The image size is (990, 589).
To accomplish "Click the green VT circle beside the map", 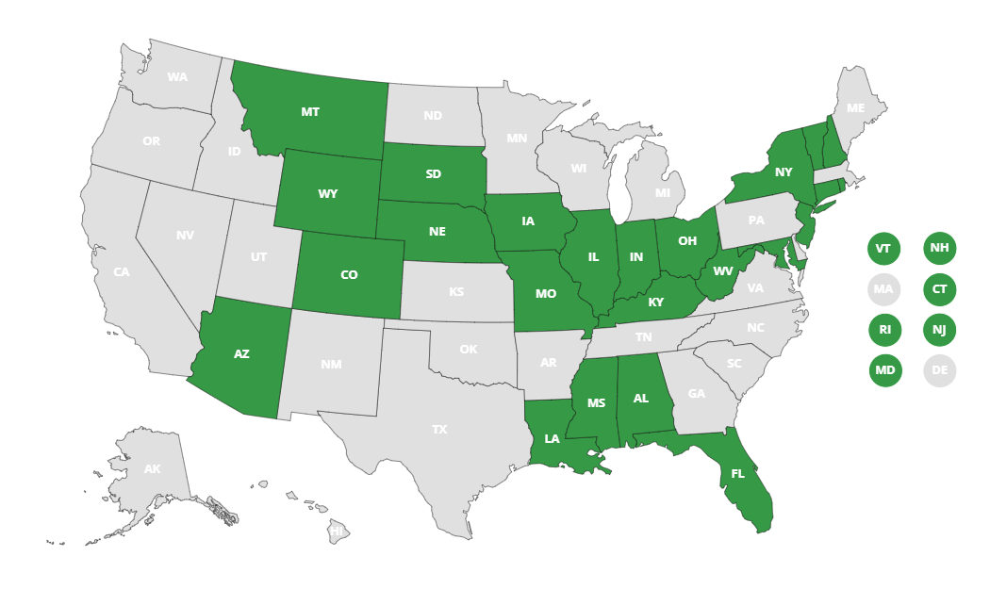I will (883, 249).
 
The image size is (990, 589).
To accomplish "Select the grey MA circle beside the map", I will (883, 289).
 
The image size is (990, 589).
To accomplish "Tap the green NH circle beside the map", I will (940, 248).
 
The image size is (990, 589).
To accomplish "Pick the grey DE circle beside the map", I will (940, 370).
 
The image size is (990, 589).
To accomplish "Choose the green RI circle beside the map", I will (884, 330).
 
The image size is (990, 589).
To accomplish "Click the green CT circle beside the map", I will (940, 289).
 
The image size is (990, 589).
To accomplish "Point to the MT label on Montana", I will (310, 112).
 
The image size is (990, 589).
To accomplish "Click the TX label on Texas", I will (439, 430).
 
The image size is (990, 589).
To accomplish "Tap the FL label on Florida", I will (738, 474).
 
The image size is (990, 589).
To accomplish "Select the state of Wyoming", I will (328, 194).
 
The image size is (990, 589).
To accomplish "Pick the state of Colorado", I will (349, 275).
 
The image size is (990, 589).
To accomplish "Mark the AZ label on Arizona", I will (241, 354).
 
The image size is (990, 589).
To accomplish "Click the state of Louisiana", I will (552, 439).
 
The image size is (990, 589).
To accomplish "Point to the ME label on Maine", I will (855, 108).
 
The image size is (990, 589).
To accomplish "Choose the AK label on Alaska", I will (152, 469).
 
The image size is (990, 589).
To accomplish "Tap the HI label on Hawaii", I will (337, 532).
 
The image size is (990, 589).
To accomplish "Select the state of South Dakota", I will (434, 174).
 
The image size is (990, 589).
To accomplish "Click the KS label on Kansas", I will (456, 292).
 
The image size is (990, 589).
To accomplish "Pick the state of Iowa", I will (528, 221).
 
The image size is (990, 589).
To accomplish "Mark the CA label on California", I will (122, 272).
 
